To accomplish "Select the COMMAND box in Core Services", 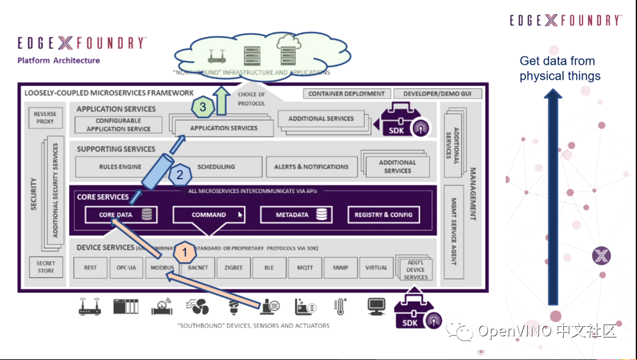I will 209,215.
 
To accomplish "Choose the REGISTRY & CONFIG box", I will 383,215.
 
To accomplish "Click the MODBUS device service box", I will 162,268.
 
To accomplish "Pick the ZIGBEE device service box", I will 233,268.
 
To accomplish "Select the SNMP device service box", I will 340,268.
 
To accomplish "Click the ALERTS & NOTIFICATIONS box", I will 311,167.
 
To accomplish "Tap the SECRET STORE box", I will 45,267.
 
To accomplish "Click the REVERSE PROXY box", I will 45,118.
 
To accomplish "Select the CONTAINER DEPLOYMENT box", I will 346,93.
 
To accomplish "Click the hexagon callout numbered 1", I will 184,252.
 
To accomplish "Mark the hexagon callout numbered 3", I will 203,107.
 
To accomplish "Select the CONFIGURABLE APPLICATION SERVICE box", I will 119,125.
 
